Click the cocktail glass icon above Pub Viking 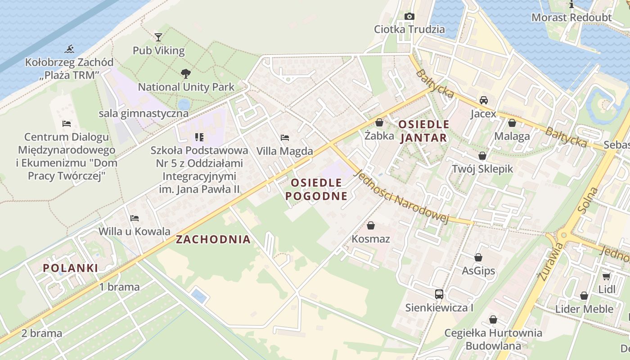point(158,37)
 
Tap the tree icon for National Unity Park point(185,73)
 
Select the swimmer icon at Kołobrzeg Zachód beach point(69,49)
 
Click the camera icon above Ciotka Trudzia point(409,17)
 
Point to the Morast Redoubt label point(571,18)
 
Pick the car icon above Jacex point(484,100)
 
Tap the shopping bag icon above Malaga point(512,123)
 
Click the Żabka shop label point(379,135)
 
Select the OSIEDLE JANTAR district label point(424,131)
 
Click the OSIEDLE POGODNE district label point(316,189)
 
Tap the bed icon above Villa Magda point(284,138)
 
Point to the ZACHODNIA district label point(213,239)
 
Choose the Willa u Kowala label point(135,231)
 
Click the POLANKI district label point(70,268)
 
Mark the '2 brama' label point(41,333)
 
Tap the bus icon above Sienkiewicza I point(439,294)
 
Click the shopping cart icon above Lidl point(606,276)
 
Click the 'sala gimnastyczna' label point(144,113)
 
